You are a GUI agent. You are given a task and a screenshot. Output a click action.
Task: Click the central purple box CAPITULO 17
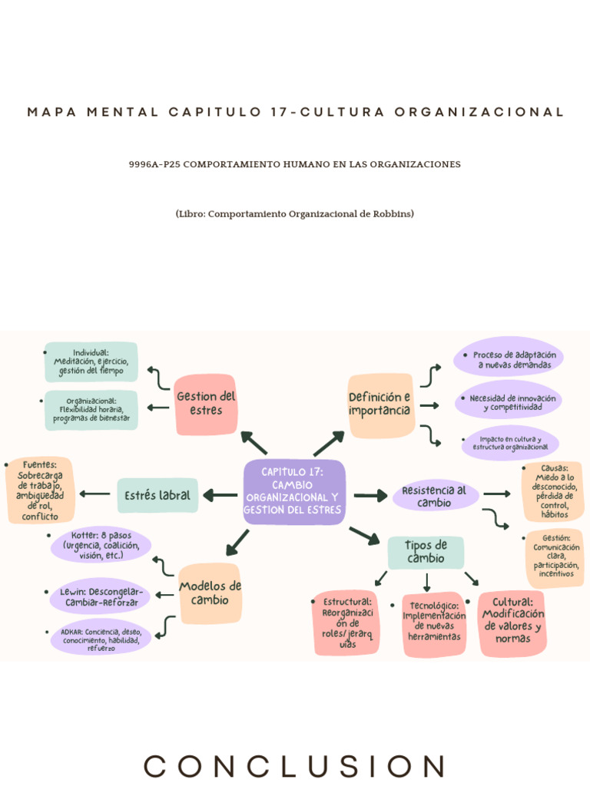pyautogui.click(x=294, y=492)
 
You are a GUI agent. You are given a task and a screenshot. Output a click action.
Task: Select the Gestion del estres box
pyautogui.click(x=206, y=403)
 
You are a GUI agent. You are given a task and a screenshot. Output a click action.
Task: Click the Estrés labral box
pyautogui.click(x=157, y=495)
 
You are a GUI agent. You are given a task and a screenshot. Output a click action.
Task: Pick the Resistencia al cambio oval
pyautogui.click(x=435, y=496)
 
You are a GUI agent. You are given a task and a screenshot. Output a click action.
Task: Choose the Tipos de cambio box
pyautogui.click(x=426, y=552)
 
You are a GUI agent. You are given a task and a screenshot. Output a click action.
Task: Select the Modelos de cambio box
pyautogui.click(x=210, y=593)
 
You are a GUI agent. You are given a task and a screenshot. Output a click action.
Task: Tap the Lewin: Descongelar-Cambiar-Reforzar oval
pyautogui.click(x=101, y=597)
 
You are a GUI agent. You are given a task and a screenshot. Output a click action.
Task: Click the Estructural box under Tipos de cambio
pyautogui.click(x=347, y=623)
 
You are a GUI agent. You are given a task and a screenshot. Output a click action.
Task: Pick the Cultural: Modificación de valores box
pyautogui.click(x=512, y=623)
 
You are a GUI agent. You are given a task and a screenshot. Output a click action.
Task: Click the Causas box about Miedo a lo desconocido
pyautogui.click(x=553, y=491)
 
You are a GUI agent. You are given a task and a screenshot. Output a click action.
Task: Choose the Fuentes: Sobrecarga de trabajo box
pyautogui.click(x=40, y=490)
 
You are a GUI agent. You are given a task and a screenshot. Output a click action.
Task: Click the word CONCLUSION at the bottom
pyautogui.click(x=294, y=765)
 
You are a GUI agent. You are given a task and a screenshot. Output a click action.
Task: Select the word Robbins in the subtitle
pyautogui.click(x=391, y=213)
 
